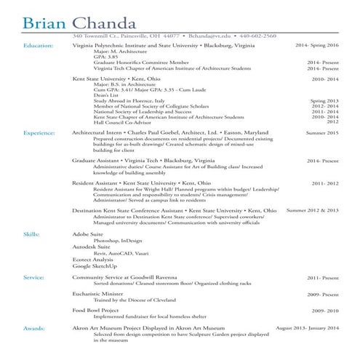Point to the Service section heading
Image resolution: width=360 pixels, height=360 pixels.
click(34, 278)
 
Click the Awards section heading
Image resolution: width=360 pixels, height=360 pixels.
click(35, 329)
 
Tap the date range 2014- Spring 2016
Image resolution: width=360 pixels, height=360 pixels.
click(317, 45)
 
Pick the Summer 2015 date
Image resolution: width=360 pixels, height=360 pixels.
click(322, 134)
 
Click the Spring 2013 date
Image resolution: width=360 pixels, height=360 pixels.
click(324, 100)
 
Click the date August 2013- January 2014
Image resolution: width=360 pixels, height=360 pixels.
click(307, 329)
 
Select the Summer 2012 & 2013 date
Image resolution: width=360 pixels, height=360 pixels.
click(313, 210)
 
